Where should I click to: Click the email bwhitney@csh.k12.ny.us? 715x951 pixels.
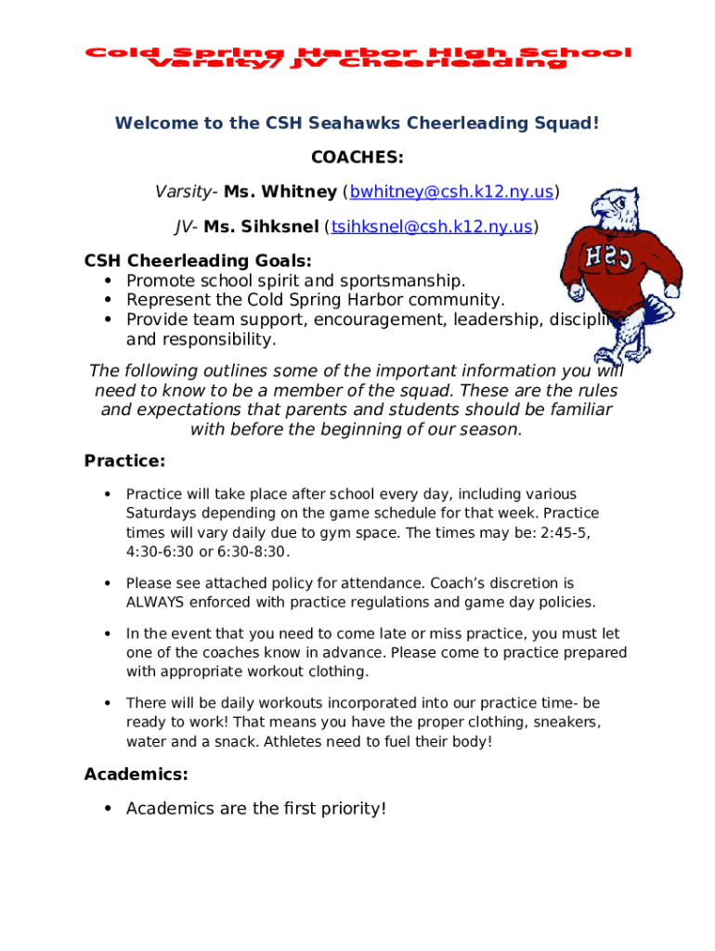(451, 192)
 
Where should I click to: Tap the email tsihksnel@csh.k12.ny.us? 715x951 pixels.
(431, 227)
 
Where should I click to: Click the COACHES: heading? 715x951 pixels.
(357, 158)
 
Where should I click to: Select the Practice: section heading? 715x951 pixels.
(124, 461)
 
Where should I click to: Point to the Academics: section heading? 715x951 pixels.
(136, 774)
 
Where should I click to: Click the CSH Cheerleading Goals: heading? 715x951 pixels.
(198, 261)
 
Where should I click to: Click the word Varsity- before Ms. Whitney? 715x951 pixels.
(187, 192)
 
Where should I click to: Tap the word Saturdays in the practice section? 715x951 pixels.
(159, 514)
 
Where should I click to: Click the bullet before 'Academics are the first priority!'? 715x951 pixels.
(108, 809)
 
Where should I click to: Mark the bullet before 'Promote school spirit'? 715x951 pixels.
(108, 280)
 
